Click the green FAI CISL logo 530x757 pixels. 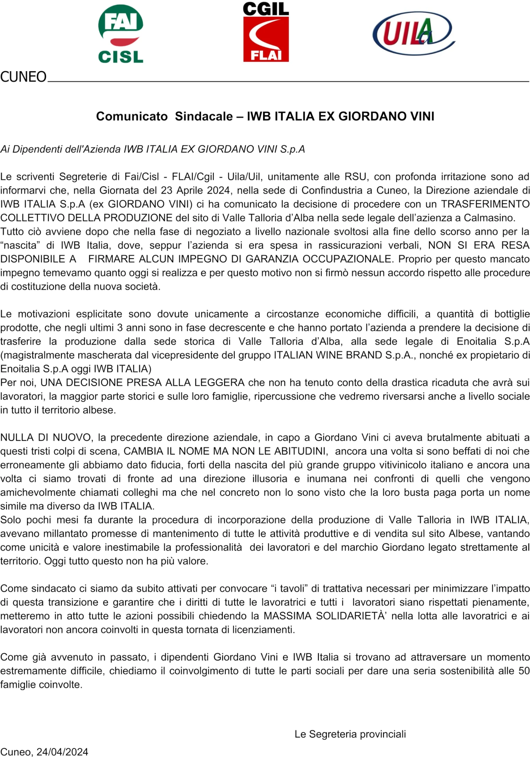pos(121,34)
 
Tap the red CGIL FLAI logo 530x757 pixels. pos(266,32)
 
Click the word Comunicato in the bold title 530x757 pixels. pos(132,117)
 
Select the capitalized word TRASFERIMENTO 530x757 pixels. pos(485,204)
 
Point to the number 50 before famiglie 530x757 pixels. pos(524,671)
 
